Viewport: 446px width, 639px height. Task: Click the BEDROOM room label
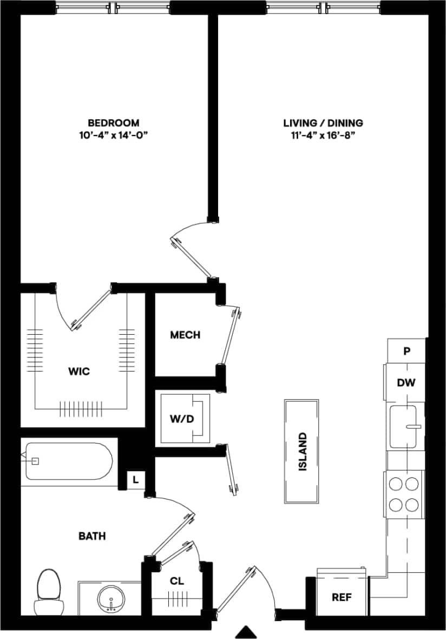coord(114,123)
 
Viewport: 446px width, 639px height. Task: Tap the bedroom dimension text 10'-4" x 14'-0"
coord(114,135)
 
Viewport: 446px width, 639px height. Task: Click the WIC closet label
coord(79,371)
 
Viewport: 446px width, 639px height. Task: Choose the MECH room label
coord(185,335)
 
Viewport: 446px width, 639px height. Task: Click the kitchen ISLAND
coord(302,451)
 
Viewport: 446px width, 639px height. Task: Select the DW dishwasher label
coord(406,383)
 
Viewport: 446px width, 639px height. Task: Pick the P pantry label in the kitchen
coord(406,351)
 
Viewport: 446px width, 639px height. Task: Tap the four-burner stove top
coord(405,494)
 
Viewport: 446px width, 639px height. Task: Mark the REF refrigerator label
coord(342,597)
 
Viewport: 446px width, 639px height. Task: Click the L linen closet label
coord(136,479)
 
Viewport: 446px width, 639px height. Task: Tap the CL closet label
coord(177,582)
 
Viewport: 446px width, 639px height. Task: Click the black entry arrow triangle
coord(247,632)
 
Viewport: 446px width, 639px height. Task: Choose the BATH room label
coord(92,536)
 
